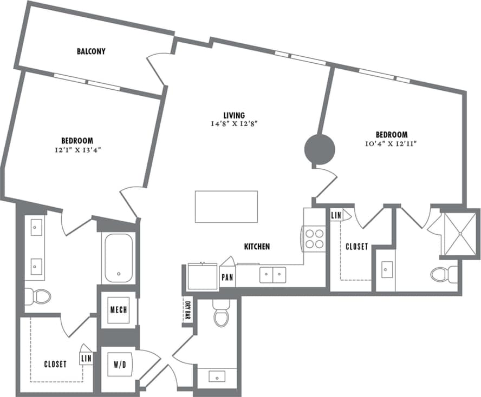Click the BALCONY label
90,52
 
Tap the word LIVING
234,115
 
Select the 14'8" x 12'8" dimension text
234,124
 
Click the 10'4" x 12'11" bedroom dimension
391,143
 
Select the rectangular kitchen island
226,206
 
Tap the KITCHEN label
257,247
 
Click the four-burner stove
314,239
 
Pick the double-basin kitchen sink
272,275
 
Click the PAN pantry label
227,277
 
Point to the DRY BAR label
188,312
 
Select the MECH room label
118,310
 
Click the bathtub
119,258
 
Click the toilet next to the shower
444,274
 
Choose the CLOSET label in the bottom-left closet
55,364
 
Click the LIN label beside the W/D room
86,358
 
